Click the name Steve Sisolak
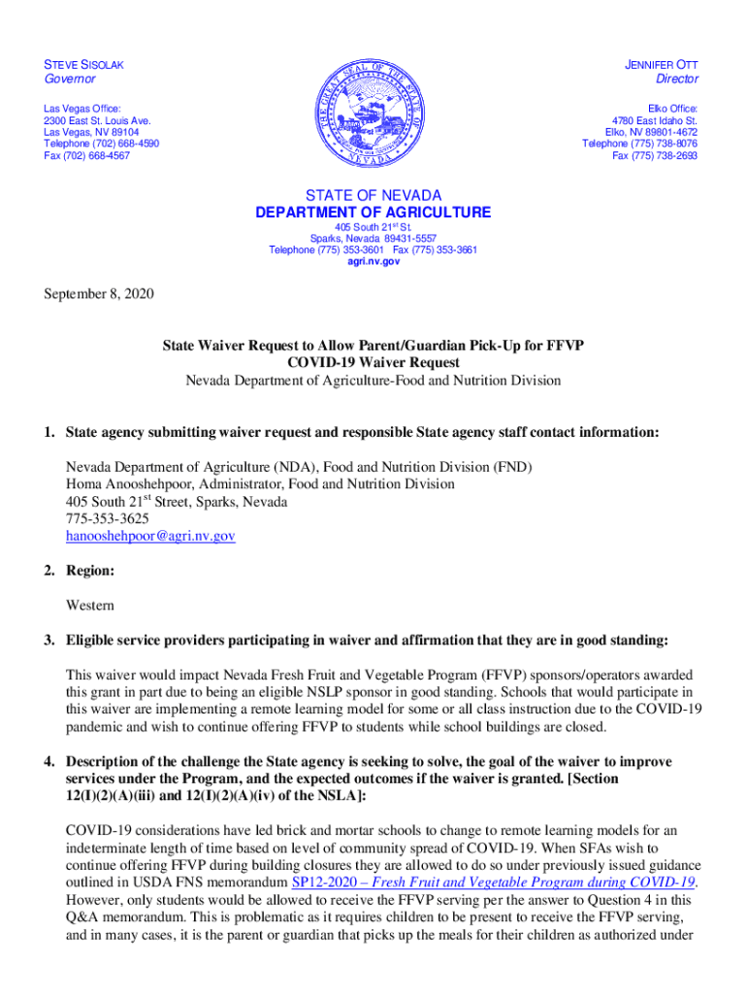click(x=84, y=64)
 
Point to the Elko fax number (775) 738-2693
click(x=655, y=156)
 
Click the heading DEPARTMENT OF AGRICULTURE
click(x=373, y=213)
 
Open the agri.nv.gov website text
click(x=373, y=262)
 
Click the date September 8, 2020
click(x=98, y=294)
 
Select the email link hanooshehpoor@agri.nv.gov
click(x=150, y=536)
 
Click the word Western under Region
click(x=90, y=606)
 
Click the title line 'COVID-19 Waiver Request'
click(x=373, y=362)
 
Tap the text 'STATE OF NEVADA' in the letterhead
click(x=373, y=195)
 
